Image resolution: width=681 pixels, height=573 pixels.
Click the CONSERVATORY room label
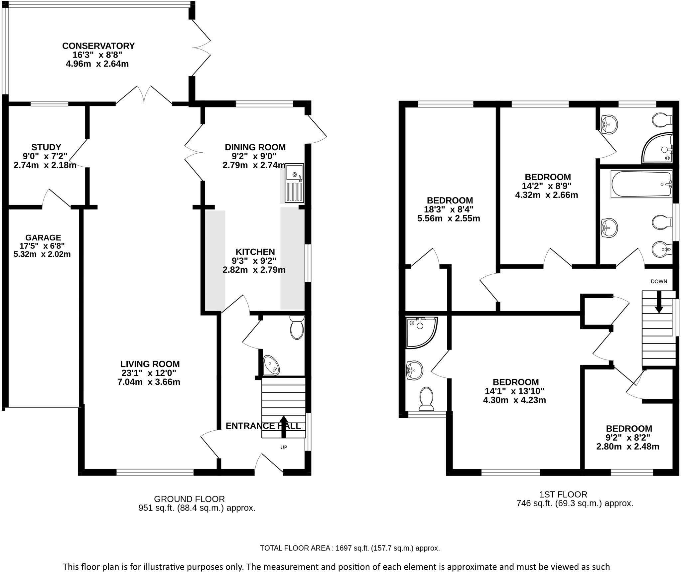[98, 46]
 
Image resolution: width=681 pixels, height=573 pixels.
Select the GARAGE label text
[43, 237]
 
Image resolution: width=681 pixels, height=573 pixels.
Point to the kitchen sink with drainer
[295, 183]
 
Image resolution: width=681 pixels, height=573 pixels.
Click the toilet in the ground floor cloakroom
[297, 327]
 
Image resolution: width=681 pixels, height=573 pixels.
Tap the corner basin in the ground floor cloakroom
[271, 365]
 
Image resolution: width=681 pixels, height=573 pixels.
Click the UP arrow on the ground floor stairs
[284, 426]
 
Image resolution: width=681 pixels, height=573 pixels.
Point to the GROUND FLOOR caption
[189, 499]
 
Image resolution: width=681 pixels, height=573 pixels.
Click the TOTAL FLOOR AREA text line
[349, 548]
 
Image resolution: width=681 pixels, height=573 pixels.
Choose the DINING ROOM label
[255, 147]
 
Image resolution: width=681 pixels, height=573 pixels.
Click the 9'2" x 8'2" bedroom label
[629, 428]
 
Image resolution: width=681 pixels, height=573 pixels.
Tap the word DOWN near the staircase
[659, 281]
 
